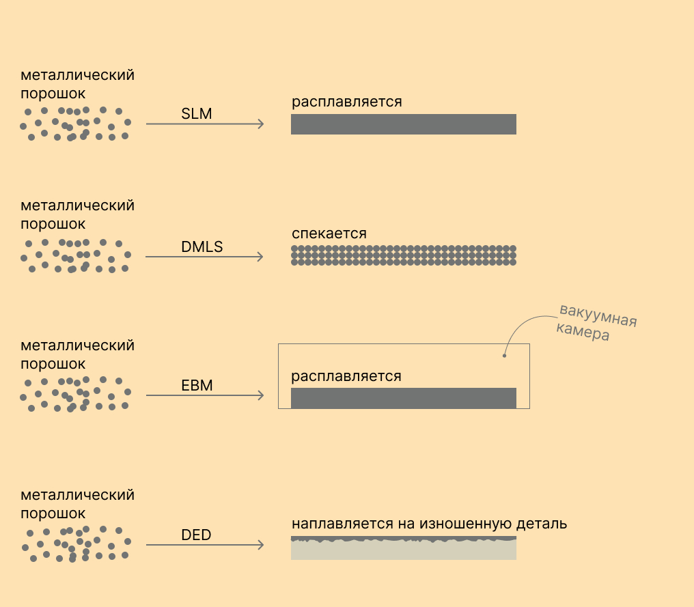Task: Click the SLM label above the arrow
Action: pos(197,113)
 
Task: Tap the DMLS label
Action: pos(202,246)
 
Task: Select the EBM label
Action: pos(197,385)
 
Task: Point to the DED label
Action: pos(196,535)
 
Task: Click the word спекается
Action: pos(329,234)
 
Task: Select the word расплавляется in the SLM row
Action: pos(346,102)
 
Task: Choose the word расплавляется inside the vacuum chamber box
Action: pos(346,376)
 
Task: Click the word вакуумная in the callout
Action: pos(598,315)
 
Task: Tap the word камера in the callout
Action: pos(583,333)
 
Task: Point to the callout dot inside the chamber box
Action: pos(504,355)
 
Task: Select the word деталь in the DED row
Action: pos(542,524)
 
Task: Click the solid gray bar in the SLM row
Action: pos(403,124)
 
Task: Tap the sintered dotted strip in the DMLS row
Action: pos(403,255)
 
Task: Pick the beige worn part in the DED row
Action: pos(403,550)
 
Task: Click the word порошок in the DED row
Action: pos(53,513)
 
